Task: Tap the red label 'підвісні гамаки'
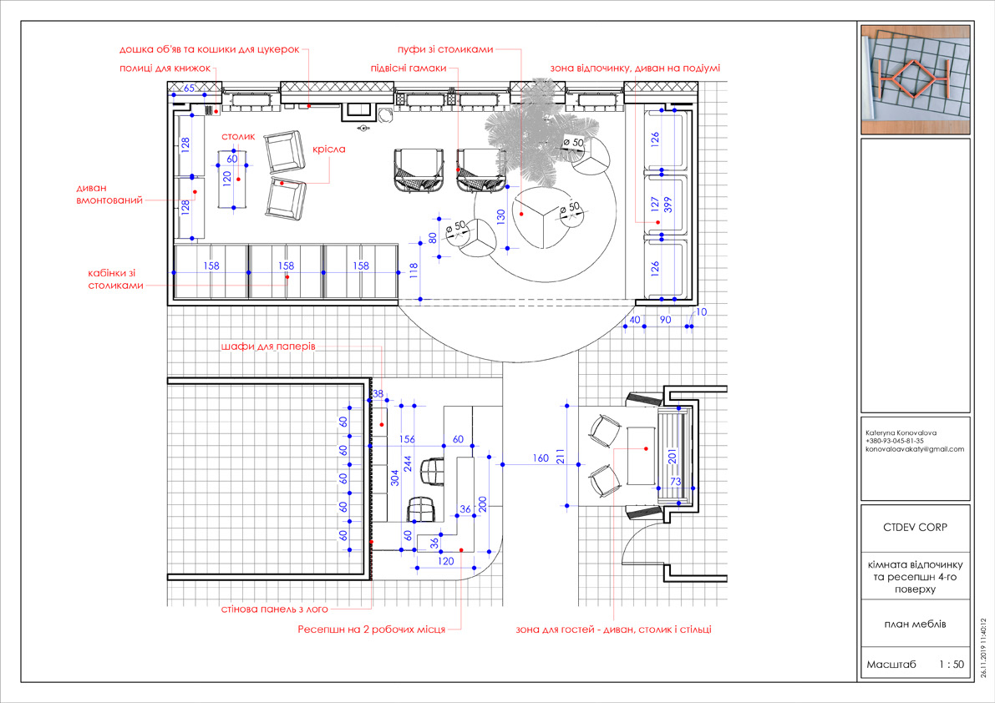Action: pos(409,68)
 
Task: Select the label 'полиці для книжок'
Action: pos(165,68)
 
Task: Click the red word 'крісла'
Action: pos(328,149)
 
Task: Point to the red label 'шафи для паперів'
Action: pos(268,346)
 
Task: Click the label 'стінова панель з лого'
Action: pos(275,609)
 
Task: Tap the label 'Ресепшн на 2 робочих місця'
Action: pos(371,630)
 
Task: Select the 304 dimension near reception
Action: pos(395,478)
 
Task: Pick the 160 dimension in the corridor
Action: pos(541,458)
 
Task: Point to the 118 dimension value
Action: pos(414,271)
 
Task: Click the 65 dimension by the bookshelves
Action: pos(189,89)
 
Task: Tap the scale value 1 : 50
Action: pos(952,665)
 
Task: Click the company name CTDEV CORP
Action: pos(915,528)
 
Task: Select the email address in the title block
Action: pos(915,449)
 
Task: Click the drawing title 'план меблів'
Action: pos(915,624)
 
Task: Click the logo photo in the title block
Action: pos(916,79)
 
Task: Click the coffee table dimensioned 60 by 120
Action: pos(234,180)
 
